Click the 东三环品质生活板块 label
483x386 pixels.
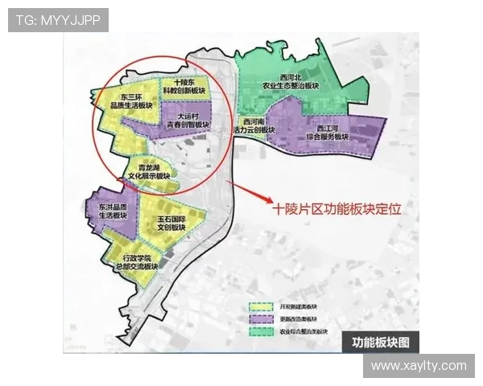click(x=127, y=101)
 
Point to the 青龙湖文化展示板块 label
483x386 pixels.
click(x=147, y=171)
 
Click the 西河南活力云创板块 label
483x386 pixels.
click(x=254, y=125)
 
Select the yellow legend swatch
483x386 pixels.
click(x=262, y=306)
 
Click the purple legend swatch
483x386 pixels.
click(x=262, y=318)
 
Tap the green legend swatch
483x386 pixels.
click(x=262, y=331)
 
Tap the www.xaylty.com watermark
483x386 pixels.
click(x=419, y=366)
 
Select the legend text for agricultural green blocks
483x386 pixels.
click(x=303, y=331)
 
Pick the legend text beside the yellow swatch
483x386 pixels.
click(x=298, y=306)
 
